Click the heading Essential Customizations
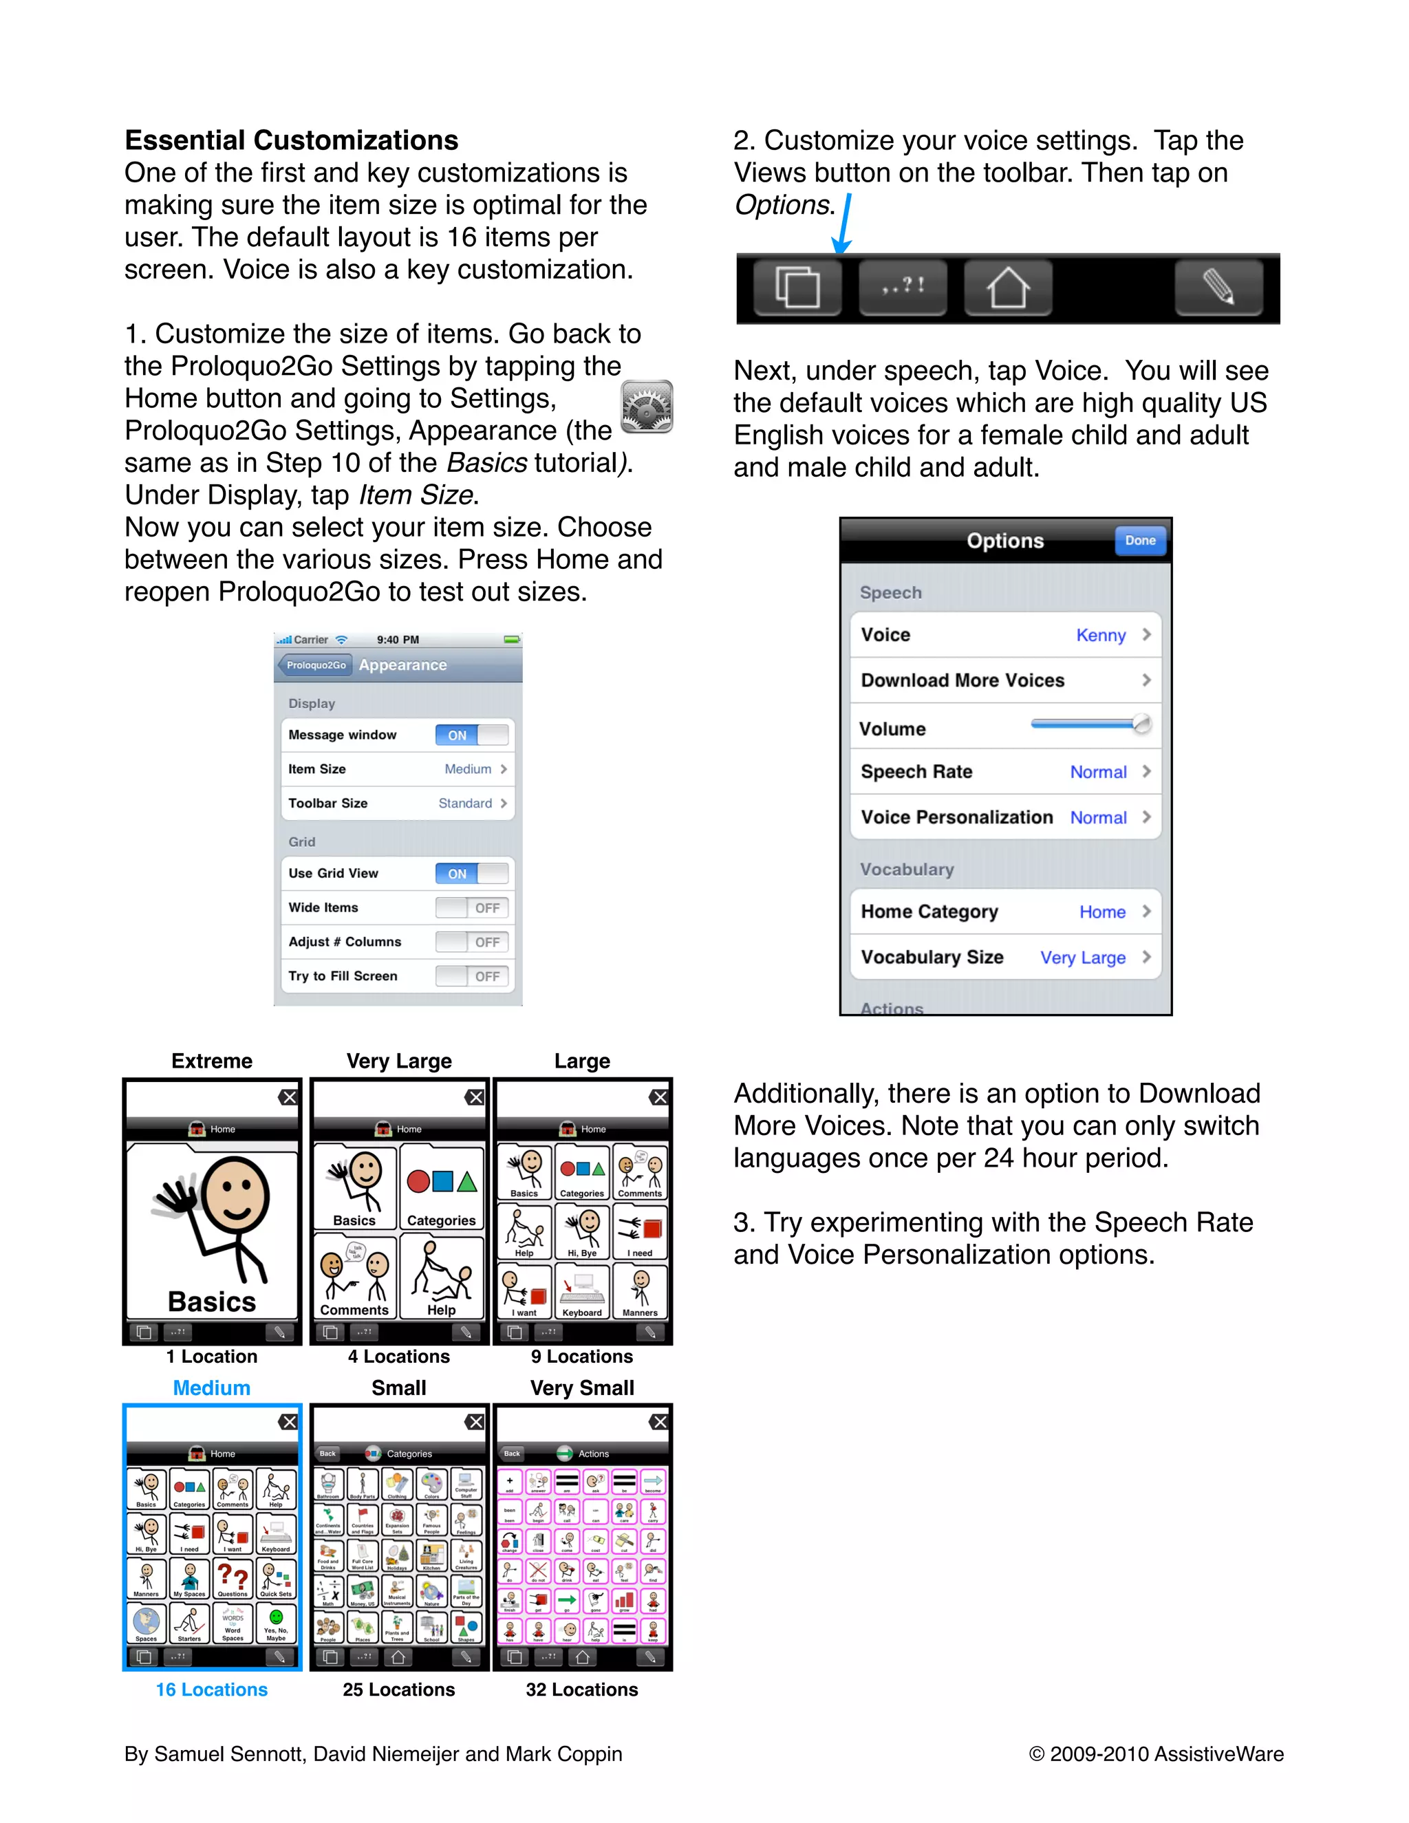(291, 140)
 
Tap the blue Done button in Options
(1139, 541)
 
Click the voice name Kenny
(1100, 635)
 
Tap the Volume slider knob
(1141, 724)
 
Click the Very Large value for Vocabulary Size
(1083, 958)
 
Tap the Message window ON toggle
(471, 735)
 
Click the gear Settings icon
(647, 407)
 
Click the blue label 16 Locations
(212, 1690)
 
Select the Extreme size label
(212, 1061)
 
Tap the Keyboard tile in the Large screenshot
(582, 1291)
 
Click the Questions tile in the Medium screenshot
(233, 1579)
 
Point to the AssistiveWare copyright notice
(1156, 1754)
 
